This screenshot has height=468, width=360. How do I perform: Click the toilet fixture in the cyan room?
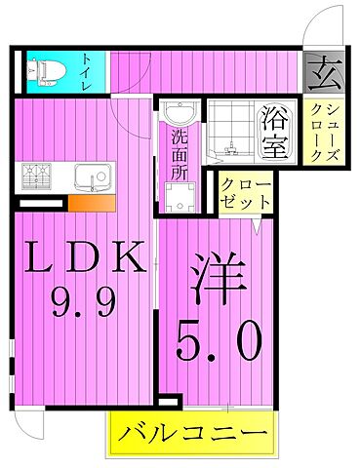click(44, 70)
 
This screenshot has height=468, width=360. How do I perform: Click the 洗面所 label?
click(180, 149)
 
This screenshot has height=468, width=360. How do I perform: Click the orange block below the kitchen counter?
click(92, 203)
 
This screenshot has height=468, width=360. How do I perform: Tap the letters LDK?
click(85, 259)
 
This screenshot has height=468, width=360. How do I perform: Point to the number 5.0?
click(219, 342)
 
